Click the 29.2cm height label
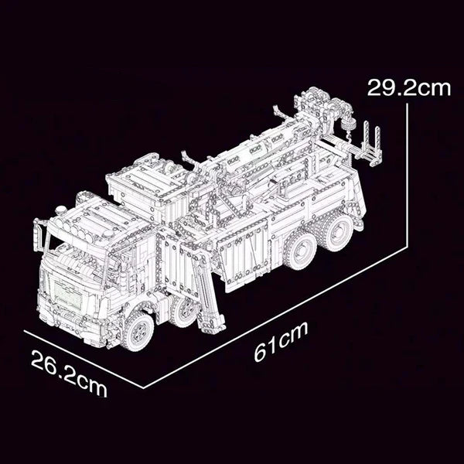point(408,86)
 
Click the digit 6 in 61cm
point(261,350)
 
